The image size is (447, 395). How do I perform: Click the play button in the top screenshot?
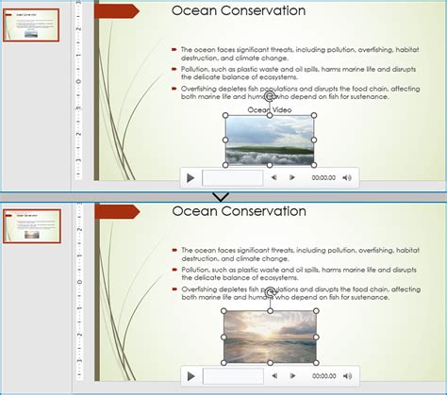pos(190,177)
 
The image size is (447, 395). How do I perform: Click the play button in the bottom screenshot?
pos(190,375)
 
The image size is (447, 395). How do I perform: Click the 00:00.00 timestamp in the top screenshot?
pos(323,177)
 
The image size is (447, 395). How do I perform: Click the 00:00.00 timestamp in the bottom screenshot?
pos(323,375)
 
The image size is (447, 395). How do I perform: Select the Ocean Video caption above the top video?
pos(269,109)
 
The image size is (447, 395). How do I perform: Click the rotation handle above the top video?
pos(270,96)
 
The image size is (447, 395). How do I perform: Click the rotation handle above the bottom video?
pos(270,293)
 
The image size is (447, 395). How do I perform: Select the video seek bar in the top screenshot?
pos(232,177)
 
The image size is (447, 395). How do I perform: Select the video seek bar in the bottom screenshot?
pos(232,375)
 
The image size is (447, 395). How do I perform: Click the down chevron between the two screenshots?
pos(223,197)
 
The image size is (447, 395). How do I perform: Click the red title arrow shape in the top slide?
pos(117,11)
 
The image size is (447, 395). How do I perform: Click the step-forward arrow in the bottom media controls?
pos(292,375)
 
